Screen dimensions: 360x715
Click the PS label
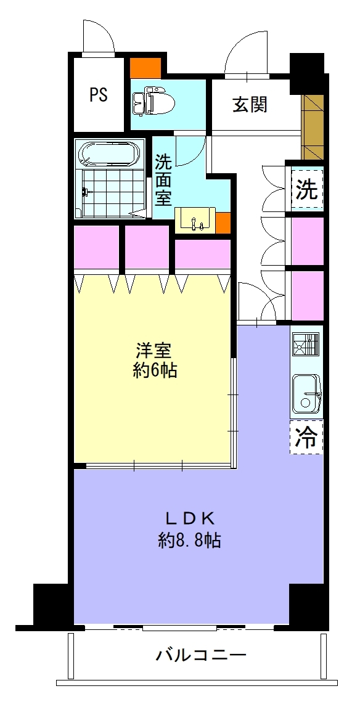(98, 94)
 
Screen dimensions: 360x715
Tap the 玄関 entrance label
(250, 105)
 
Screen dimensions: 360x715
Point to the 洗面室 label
(163, 179)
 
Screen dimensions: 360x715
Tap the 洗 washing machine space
(306, 189)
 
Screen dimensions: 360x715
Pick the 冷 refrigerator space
(306, 437)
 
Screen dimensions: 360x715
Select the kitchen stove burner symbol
(306, 344)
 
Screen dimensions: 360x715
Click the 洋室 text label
(153, 351)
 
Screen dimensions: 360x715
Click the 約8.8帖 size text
(190, 541)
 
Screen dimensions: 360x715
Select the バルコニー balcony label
(201, 656)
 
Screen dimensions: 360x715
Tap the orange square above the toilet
(145, 68)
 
